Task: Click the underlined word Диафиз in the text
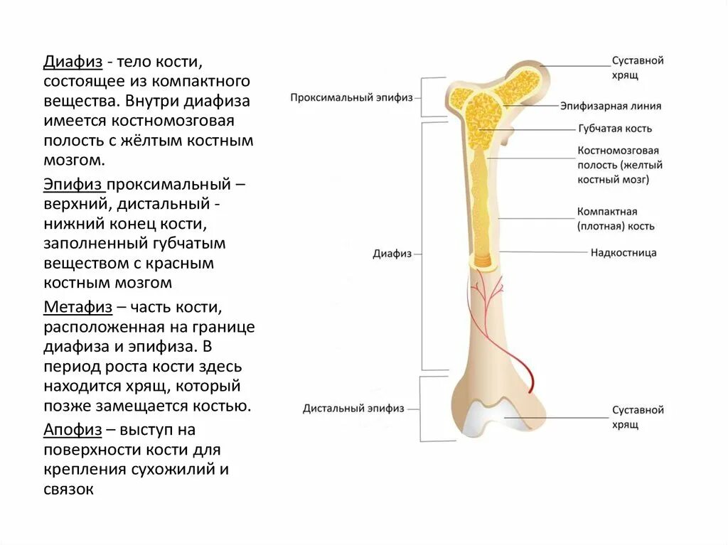pos(73,62)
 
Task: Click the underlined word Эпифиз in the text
pos(74,185)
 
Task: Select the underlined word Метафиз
pos(78,308)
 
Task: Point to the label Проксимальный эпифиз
pos(351,97)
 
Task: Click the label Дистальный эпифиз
pos(353,409)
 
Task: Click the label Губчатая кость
pos(614,129)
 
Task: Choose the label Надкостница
pos(623,252)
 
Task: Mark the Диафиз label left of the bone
pos(392,254)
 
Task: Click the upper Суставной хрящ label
pos(638,68)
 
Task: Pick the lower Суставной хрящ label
pos(638,417)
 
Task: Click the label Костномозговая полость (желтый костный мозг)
pos(620,165)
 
